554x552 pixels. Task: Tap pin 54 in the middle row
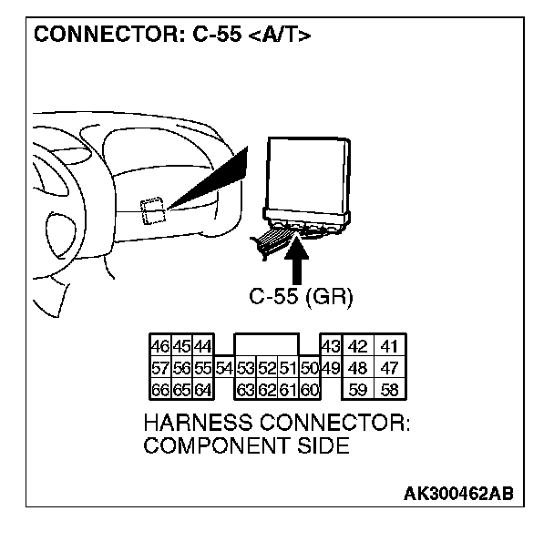coord(224,368)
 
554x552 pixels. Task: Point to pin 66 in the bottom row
coord(159,390)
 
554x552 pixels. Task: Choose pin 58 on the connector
coord(390,390)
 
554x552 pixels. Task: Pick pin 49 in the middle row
coord(331,368)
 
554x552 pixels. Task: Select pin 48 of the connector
coord(358,368)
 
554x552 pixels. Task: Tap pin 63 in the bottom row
coord(245,390)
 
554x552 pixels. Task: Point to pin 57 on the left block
coord(159,368)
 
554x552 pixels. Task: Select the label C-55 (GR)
coord(301,296)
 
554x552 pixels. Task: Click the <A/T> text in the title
coord(280,36)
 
